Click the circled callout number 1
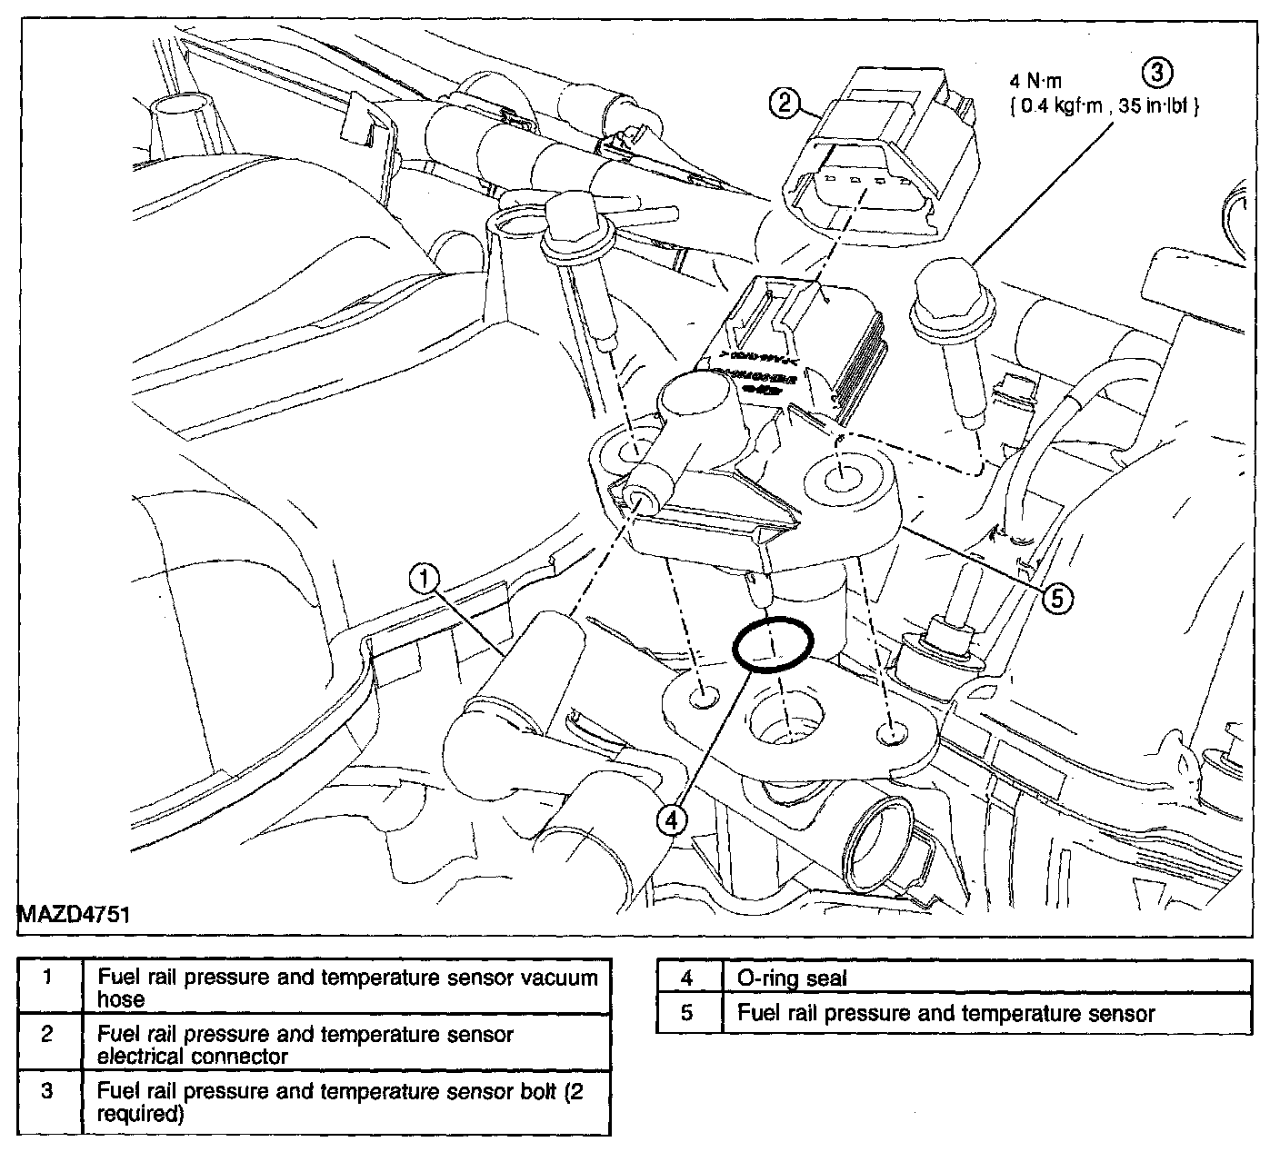click(x=425, y=579)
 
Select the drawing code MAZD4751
click(x=73, y=913)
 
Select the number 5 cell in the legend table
click(x=688, y=1013)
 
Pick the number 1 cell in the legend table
click(x=48, y=978)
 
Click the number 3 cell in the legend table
click(x=48, y=1091)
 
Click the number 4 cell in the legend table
click(x=688, y=978)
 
